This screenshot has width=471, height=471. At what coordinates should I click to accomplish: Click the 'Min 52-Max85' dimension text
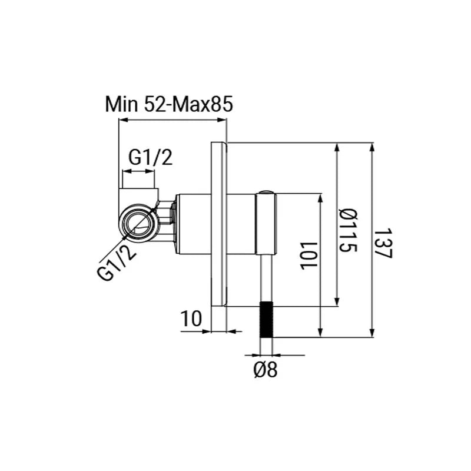169,105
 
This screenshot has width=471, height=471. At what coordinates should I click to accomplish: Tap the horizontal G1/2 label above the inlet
151,157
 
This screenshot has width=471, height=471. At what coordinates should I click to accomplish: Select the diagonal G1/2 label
117,262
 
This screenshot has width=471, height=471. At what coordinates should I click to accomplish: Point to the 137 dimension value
384,243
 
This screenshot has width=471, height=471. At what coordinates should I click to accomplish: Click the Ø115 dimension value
349,231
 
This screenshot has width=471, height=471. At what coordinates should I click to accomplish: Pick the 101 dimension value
309,256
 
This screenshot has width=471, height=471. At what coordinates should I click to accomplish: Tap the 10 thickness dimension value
191,319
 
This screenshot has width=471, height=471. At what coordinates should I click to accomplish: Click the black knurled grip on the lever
266,319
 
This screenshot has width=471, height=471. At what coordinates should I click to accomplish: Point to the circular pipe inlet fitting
138,223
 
